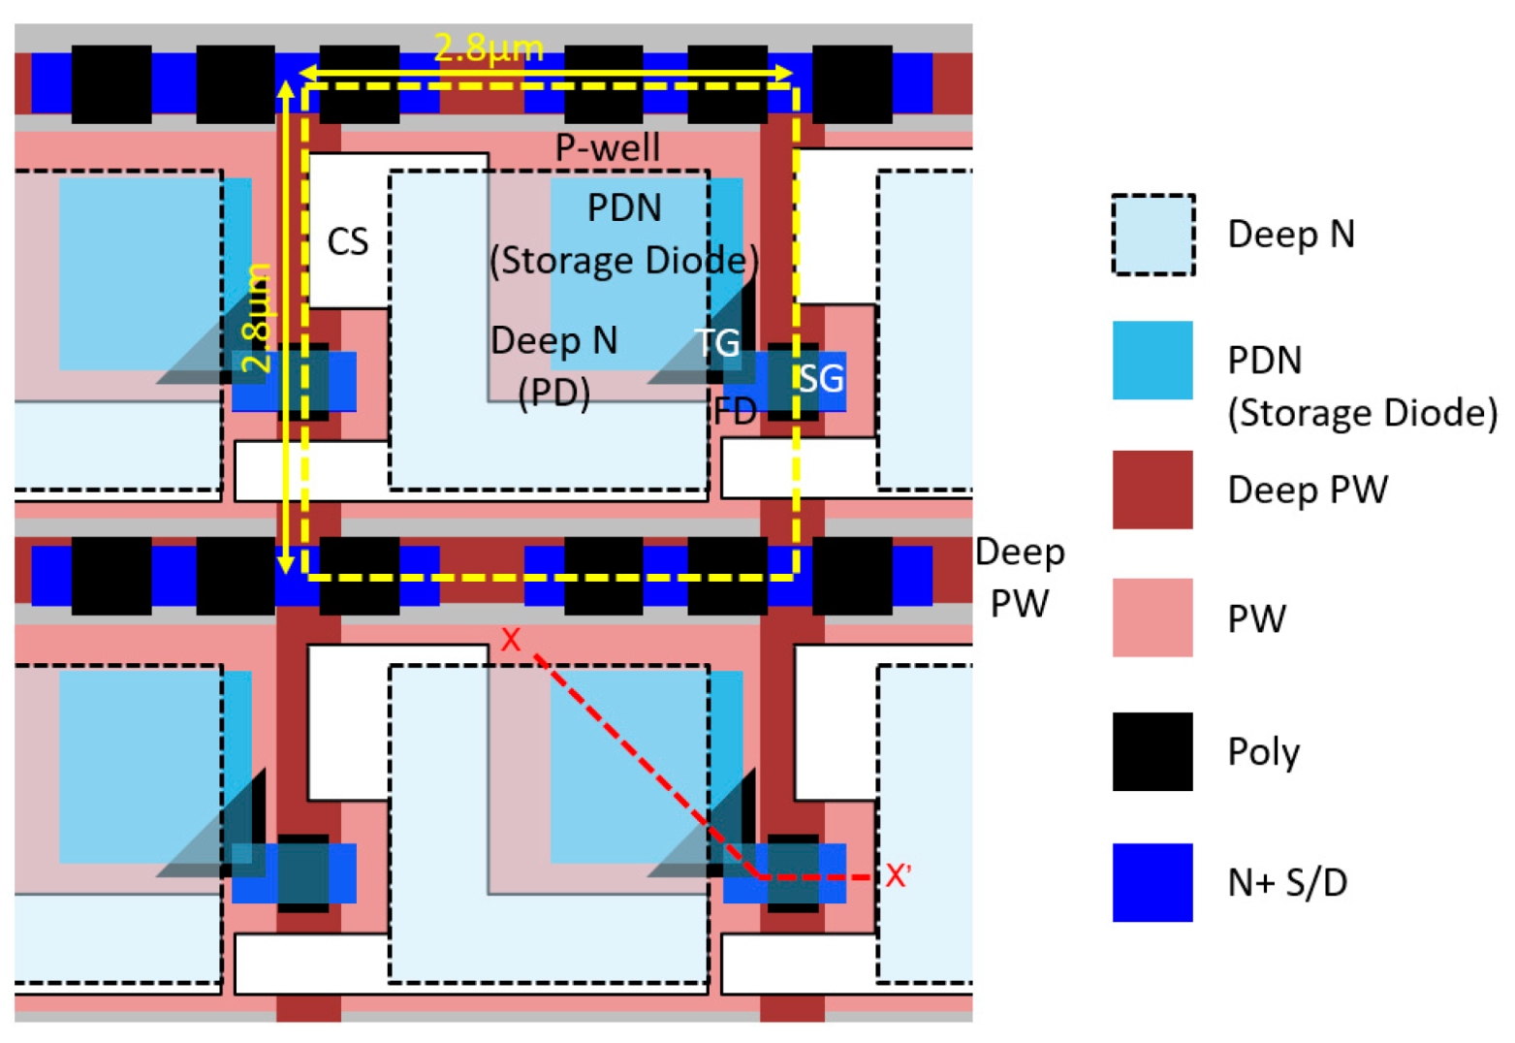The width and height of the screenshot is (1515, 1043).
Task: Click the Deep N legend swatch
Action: tap(1152, 235)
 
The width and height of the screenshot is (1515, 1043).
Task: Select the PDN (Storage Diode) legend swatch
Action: tap(1152, 361)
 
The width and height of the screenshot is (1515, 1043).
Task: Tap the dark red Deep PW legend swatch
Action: tap(1152, 490)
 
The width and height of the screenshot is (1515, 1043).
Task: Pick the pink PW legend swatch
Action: tap(1152, 618)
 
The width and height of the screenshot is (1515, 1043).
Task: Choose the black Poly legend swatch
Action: tap(1152, 751)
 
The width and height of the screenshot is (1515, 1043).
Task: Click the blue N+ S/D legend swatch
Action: tap(1152, 882)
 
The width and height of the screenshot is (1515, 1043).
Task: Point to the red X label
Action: tap(511, 640)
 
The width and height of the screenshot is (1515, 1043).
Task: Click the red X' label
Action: tap(898, 876)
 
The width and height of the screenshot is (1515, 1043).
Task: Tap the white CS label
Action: tap(347, 241)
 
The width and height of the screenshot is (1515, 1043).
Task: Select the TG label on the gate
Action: tap(717, 343)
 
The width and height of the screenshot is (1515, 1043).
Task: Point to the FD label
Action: tap(735, 412)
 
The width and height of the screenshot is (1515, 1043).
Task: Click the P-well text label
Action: tap(607, 148)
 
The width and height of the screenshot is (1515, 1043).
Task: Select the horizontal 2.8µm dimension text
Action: tap(489, 47)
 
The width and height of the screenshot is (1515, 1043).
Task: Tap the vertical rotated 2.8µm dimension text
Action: tap(257, 317)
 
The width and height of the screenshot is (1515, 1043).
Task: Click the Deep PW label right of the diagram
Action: tap(1020, 578)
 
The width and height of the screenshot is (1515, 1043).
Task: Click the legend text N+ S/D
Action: tap(1286, 882)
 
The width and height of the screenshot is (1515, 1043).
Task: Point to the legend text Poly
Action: tap(1263, 752)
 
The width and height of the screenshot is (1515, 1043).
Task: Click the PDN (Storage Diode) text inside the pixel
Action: tap(624, 235)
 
